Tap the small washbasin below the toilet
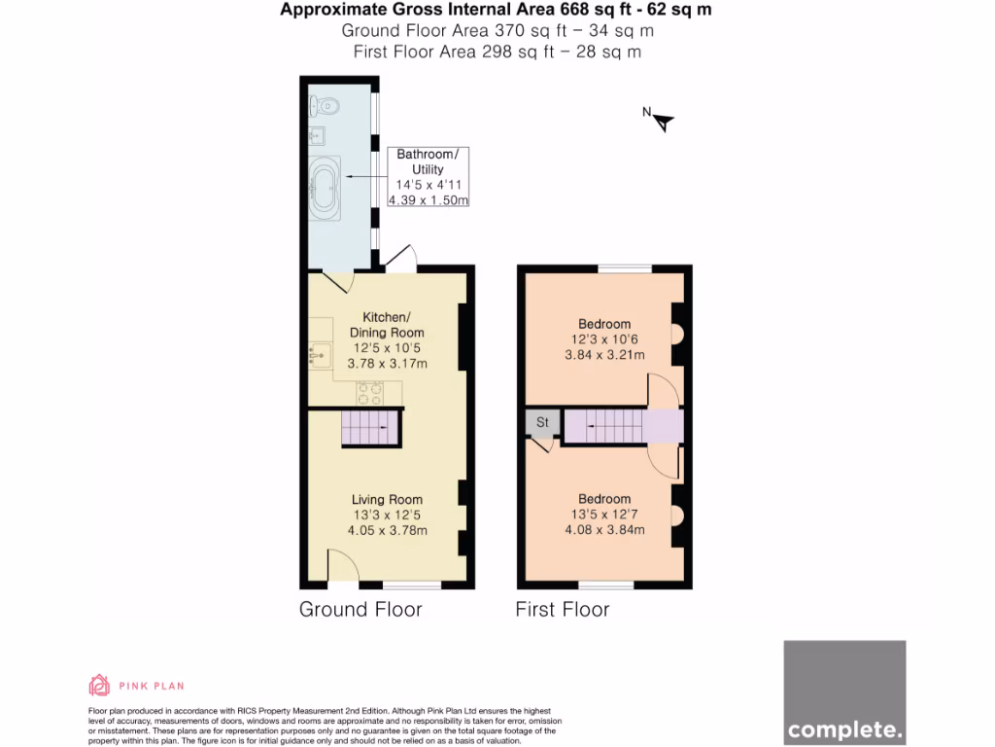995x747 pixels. [x=319, y=134]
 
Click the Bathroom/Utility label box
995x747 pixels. [x=428, y=177]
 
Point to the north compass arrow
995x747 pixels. [x=662, y=121]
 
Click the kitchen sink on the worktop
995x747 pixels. [x=320, y=356]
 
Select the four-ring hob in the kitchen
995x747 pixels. [x=369, y=393]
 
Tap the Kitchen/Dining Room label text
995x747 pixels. [x=387, y=325]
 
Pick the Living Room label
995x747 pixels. [x=387, y=500]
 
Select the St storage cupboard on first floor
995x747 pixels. [x=542, y=423]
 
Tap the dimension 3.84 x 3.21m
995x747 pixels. [x=604, y=355]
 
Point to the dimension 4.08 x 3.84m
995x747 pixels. [x=604, y=530]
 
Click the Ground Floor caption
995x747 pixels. [x=360, y=610]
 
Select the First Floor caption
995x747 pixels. [x=563, y=610]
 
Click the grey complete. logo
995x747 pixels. [x=844, y=692]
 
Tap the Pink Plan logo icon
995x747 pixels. [x=99, y=686]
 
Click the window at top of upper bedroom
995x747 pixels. [x=624, y=268]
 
